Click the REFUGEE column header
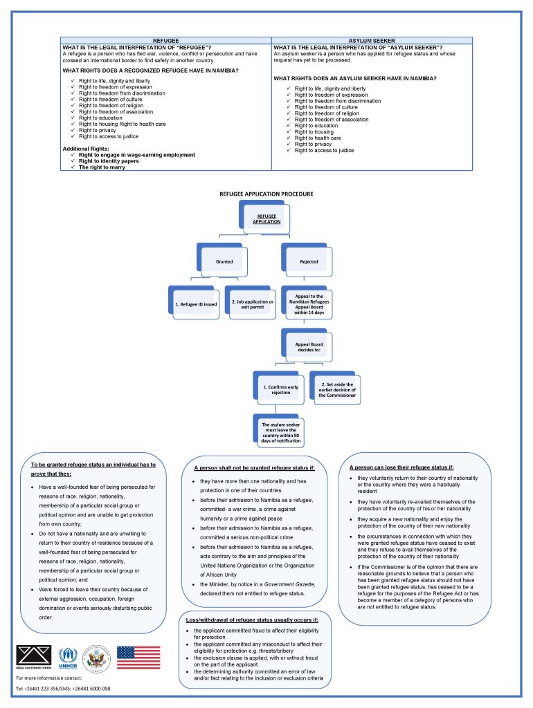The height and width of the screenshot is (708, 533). pyautogui.click(x=166, y=41)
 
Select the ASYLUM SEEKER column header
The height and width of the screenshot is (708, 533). pyautogui.click(x=372, y=41)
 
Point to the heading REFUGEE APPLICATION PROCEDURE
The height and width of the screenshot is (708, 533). pyautogui.click(x=266, y=194)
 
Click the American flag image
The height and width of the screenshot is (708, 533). pyautogui.click(x=139, y=658)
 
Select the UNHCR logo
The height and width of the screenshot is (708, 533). pyautogui.click(x=68, y=658)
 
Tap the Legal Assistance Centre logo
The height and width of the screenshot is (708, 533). pyautogui.click(x=34, y=657)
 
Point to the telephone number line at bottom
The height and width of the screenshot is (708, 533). pyautogui.click(x=63, y=689)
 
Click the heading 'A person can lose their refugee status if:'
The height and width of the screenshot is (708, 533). pyautogui.click(x=401, y=467)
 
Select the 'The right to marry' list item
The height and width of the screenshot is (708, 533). pyautogui.click(x=102, y=167)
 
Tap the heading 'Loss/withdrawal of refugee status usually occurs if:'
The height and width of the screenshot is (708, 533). pyautogui.click(x=252, y=620)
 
